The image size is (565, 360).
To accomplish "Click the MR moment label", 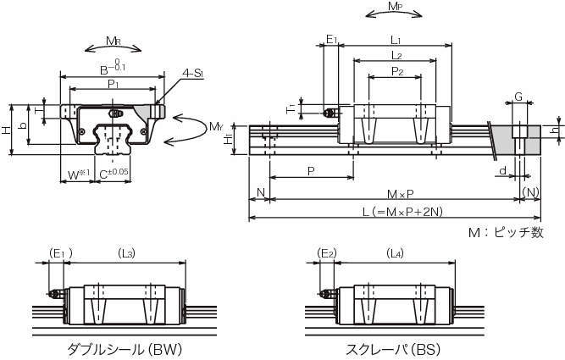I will click(112, 41).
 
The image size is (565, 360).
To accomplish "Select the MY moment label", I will click(216, 129).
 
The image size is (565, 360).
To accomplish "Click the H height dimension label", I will click(7, 130).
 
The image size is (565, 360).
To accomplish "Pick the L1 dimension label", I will click(396, 40).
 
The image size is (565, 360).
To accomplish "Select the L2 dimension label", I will click(396, 55).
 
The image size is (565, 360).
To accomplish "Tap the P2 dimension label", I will click(396, 71).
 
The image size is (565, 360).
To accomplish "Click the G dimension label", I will click(518, 98).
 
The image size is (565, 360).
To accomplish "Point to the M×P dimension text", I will click(394, 194).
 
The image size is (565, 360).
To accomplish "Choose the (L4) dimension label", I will click(395, 252).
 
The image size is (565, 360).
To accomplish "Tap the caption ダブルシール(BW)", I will click(125, 349).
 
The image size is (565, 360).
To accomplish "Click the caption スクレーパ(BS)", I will click(393, 349).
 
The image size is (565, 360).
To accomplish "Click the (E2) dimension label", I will click(327, 252).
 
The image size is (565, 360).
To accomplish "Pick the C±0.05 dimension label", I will click(114, 174).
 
